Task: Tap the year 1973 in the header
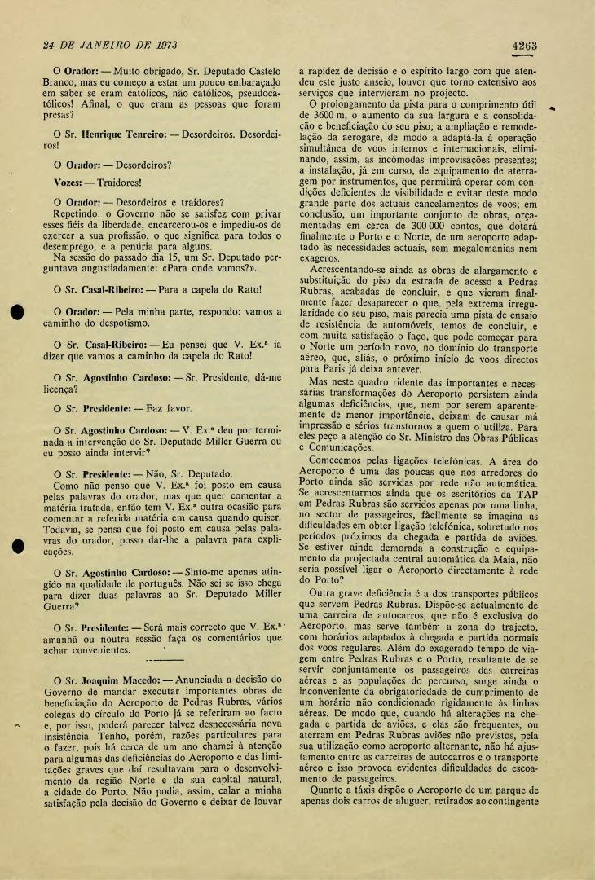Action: [x=163, y=43]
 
